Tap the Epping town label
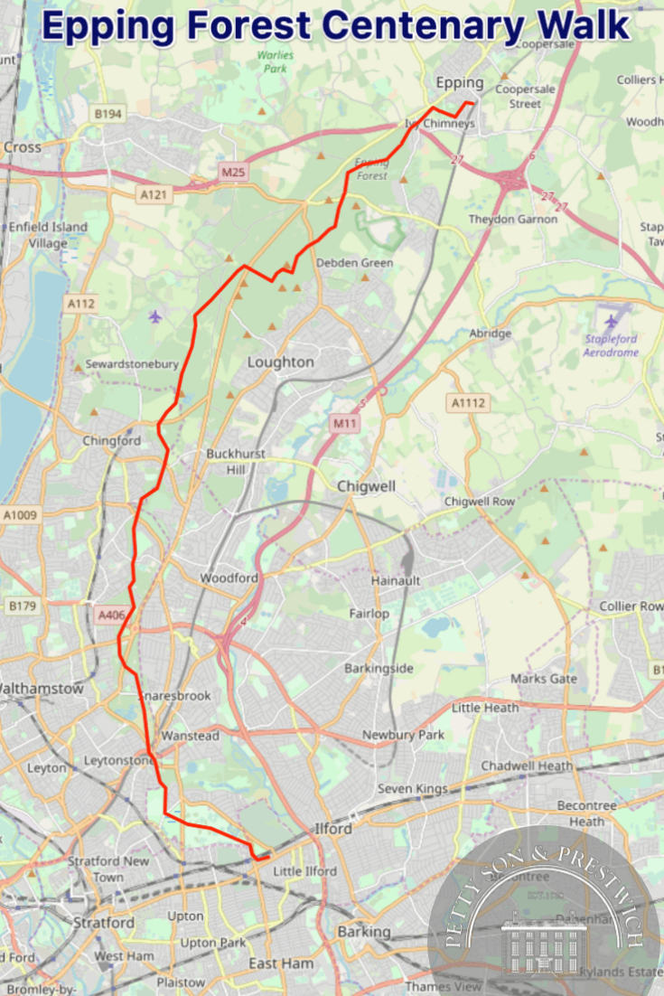[x=460, y=83]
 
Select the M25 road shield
[x=233, y=172]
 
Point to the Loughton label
[x=281, y=362]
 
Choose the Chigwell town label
[x=366, y=486]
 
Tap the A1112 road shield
[x=469, y=403]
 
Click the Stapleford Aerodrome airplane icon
[x=612, y=321]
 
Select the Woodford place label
[x=229, y=578]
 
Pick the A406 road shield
[x=111, y=615]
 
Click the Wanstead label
[x=190, y=737]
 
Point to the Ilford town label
[x=333, y=828]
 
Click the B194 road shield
[x=108, y=114]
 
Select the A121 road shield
[x=154, y=193]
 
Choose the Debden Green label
[x=354, y=263]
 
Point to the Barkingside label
[x=379, y=668]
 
